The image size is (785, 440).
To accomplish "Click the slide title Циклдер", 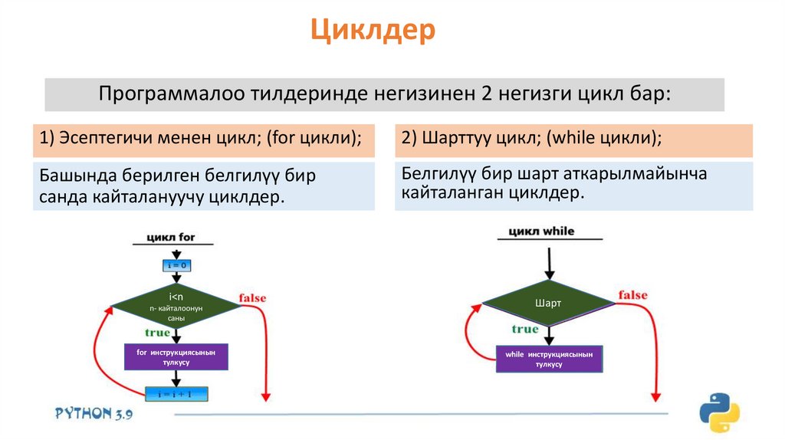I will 373,31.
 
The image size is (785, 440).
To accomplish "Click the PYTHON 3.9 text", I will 94,413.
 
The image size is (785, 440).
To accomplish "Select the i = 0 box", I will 176,265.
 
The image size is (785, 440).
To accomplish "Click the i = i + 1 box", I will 176,394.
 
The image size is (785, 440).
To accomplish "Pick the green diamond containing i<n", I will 176,307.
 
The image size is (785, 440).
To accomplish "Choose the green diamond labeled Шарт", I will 548,304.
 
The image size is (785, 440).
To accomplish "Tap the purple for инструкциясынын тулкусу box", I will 176,357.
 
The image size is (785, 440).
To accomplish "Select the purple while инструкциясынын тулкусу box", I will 549,359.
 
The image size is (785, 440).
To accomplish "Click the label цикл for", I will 176,237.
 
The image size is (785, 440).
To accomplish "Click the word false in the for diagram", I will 253,297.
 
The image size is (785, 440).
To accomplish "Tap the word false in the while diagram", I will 632,295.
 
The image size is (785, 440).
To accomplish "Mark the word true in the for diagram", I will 157,333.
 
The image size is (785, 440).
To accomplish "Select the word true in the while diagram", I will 525,329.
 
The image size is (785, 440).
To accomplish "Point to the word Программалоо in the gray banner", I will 170,94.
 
